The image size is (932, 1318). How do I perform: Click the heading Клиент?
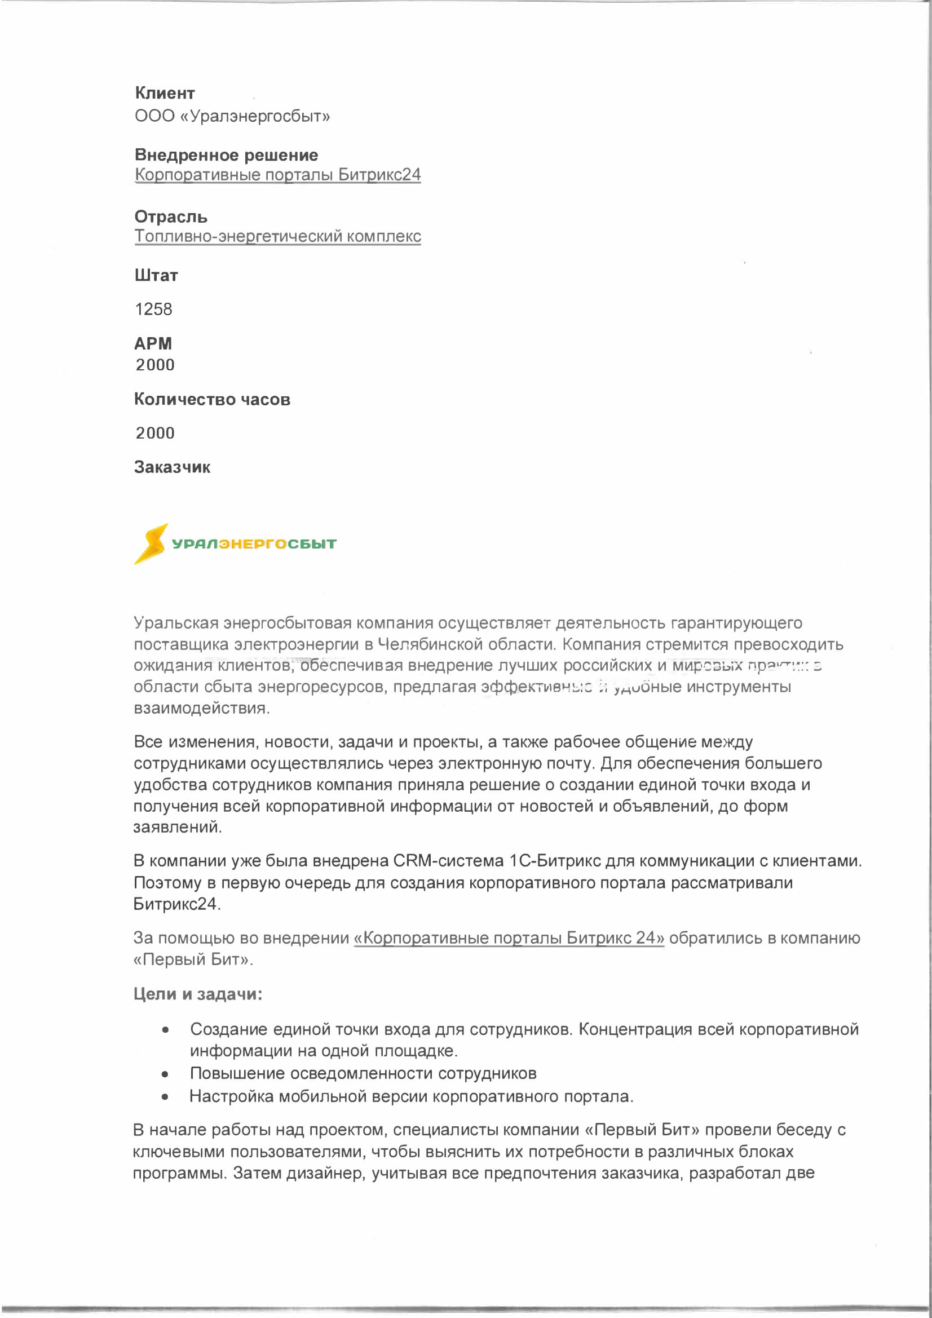[x=165, y=93]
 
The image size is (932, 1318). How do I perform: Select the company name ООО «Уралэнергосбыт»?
[x=232, y=116]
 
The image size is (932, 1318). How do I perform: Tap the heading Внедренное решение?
[x=226, y=155]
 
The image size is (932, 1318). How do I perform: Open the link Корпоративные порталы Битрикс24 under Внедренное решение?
[x=277, y=175]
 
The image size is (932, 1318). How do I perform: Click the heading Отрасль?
[x=170, y=217]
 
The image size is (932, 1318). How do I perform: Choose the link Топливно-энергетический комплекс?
[x=277, y=237]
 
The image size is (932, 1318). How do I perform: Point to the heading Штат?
[x=156, y=276]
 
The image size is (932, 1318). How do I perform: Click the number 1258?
[x=153, y=309]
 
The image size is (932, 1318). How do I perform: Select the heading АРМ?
[x=153, y=343]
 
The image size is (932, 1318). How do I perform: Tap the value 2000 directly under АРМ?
[x=155, y=365]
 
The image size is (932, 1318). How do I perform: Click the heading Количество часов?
[x=212, y=400]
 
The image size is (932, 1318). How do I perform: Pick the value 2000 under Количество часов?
[x=155, y=433]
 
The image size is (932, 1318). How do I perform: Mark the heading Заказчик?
[x=173, y=467]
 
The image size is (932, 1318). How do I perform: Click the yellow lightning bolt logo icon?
[x=151, y=543]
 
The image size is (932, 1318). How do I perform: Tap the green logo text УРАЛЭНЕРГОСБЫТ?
[x=254, y=543]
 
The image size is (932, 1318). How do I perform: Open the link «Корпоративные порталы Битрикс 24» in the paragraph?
[x=509, y=938]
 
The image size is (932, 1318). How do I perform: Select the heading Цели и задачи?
[x=197, y=994]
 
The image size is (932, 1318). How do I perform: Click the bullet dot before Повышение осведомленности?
[x=165, y=1074]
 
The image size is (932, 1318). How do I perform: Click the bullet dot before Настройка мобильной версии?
[x=165, y=1097]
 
